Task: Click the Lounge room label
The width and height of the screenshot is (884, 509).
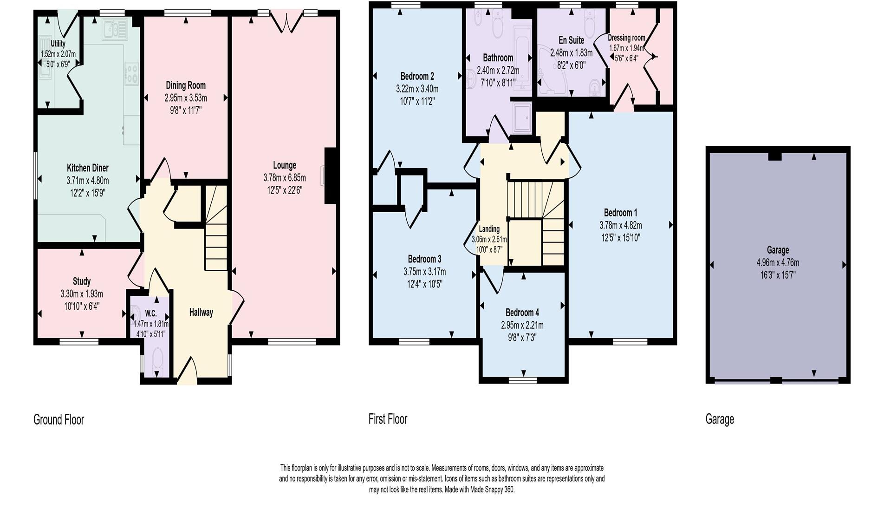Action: click(x=284, y=165)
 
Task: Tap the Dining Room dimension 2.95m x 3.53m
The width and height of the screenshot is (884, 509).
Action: click(x=186, y=98)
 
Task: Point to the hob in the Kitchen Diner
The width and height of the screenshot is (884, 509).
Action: click(x=132, y=72)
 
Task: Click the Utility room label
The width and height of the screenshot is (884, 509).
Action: click(x=58, y=44)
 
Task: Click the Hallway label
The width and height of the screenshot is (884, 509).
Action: click(x=201, y=313)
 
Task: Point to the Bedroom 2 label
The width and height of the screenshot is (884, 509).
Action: click(x=417, y=76)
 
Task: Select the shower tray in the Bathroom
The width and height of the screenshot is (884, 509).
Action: click(x=522, y=117)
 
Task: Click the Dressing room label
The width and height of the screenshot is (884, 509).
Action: click(x=626, y=38)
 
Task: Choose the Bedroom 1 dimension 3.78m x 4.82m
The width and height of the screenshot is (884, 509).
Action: click(x=620, y=225)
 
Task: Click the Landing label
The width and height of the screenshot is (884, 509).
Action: click(x=489, y=229)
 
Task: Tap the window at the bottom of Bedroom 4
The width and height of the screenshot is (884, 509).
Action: click(x=523, y=380)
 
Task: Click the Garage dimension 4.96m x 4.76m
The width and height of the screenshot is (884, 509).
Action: click(x=778, y=262)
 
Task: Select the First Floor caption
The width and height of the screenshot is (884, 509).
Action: click(x=388, y=419)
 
